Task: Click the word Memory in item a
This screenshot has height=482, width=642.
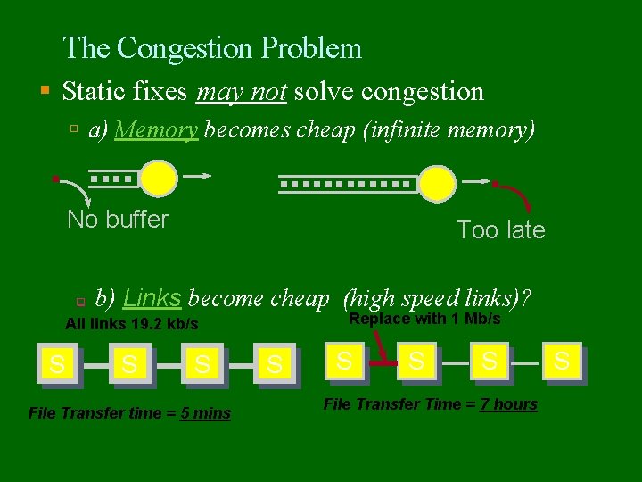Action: pos(156,130)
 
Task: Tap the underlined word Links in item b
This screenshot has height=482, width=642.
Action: pos(152,297)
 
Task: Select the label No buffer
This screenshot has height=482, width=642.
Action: pos(118,220)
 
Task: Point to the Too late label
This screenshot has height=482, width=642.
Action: pos(500,230)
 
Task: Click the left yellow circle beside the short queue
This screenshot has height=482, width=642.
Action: pos(160,179)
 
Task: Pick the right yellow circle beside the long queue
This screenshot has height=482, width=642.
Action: pos(437,183)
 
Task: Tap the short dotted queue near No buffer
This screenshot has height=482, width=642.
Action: pos(113,179)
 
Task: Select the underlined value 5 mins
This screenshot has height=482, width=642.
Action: pos(206,413)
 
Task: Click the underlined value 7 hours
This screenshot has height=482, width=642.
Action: pos(508,404)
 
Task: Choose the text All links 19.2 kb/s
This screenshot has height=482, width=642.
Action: pos(132,324)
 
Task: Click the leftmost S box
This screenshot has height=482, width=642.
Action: pos(56,363)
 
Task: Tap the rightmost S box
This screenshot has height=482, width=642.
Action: pos(562,361)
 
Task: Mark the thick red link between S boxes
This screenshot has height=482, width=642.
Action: pos(383,363)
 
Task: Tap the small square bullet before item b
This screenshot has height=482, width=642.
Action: pos(79,300)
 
